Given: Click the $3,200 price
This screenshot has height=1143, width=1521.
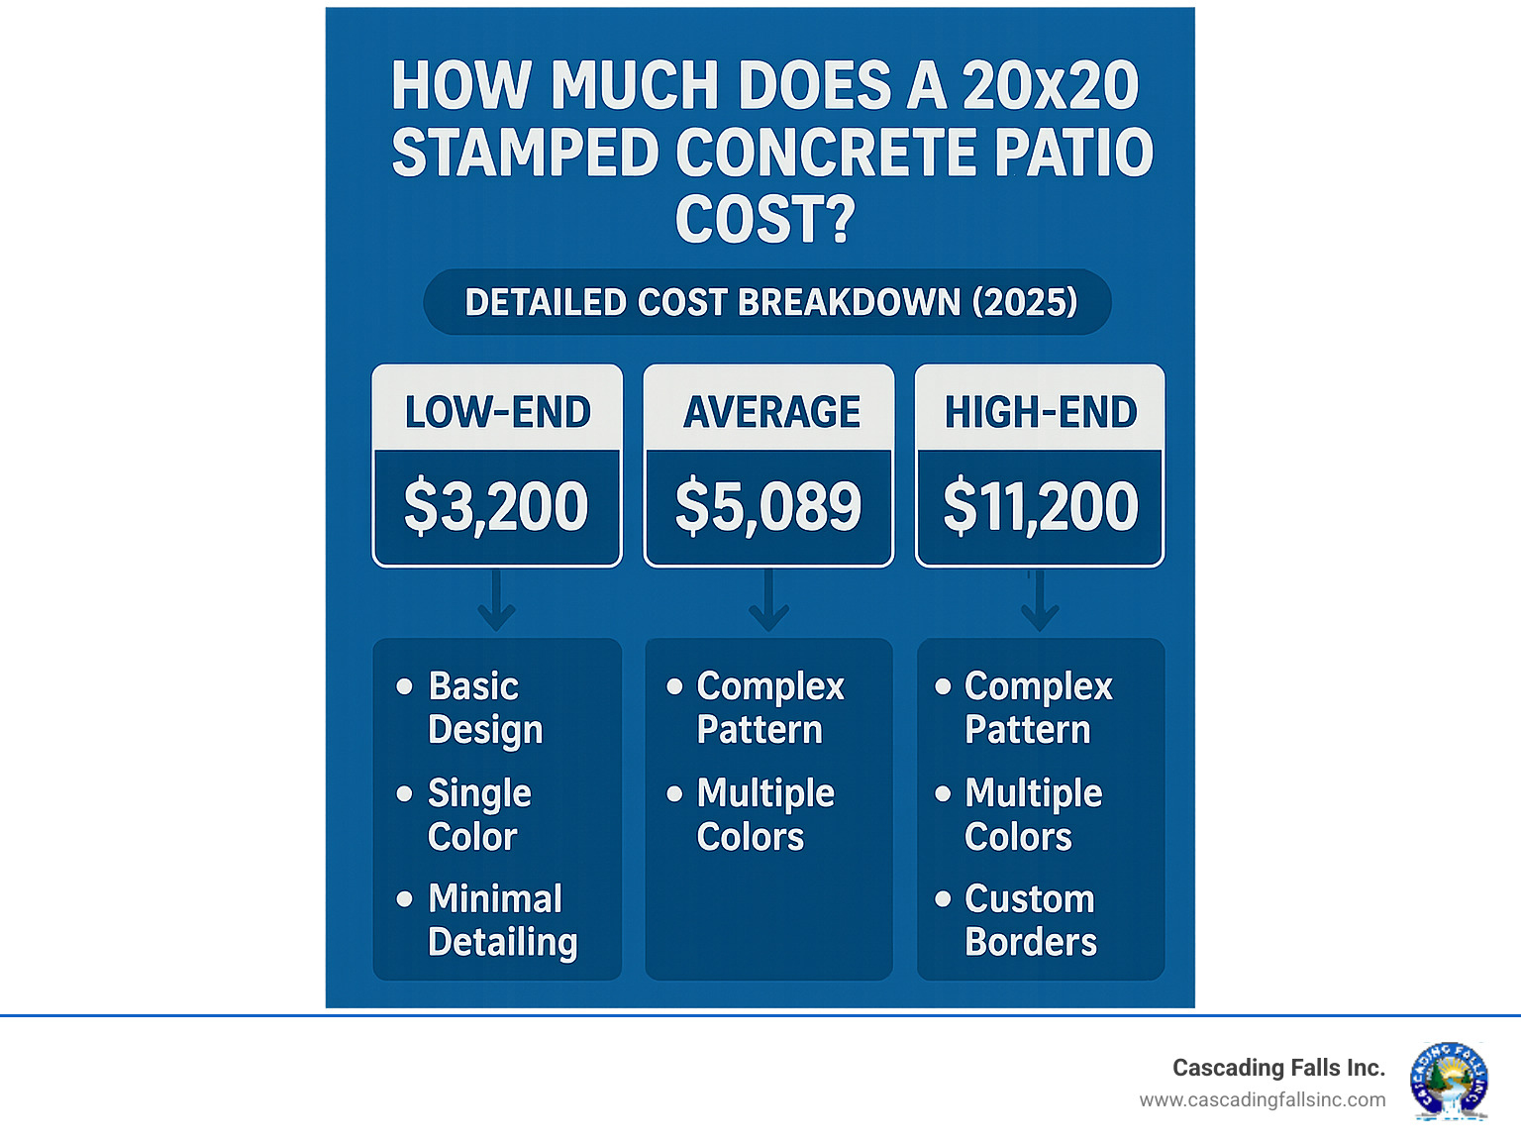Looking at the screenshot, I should point(496,506).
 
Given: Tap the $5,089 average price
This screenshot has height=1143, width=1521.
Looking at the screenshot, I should point(768,506).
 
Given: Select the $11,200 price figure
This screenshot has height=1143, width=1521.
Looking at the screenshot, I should point(1040,506).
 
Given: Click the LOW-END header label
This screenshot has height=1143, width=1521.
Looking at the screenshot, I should point(497,412).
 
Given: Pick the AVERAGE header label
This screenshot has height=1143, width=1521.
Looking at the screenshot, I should point(771,412).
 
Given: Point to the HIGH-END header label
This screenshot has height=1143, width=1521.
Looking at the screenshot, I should point(1040,412).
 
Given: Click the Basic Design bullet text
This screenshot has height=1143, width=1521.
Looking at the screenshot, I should point(485,707).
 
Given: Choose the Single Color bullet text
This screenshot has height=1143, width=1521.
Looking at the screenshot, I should point(479,814).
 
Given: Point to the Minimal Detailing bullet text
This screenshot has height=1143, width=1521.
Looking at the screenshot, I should point(502,920).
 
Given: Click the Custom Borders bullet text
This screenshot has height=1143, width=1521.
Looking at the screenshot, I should point(1030,920).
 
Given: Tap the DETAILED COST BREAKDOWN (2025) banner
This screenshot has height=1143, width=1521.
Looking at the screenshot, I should point(769,302).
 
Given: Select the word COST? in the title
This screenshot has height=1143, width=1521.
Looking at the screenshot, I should point(764,219).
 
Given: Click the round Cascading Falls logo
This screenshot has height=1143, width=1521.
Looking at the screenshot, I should point(1449,1081).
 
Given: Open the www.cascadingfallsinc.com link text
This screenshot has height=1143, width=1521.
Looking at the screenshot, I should point(1262,1099).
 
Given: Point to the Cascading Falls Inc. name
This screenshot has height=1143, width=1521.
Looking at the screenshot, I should point(1278,1068).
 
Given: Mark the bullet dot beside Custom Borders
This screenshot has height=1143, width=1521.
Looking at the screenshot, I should point(943,898).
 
